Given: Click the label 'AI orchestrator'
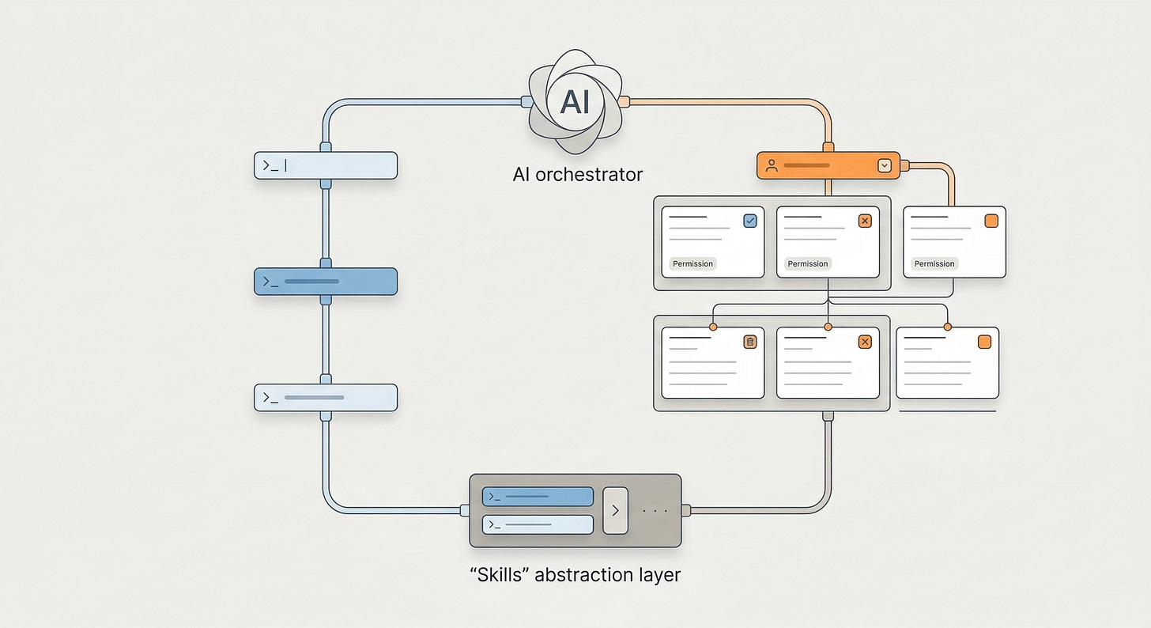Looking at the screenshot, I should coord(577,174).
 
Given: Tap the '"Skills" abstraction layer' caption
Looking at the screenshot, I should coord(575,574).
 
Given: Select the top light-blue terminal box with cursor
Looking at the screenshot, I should coord(325,165).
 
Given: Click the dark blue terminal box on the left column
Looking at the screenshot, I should coord(325,282).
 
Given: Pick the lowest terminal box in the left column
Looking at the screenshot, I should coord(325,398).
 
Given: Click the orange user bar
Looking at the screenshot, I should coord(828,165).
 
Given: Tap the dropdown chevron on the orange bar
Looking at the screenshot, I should coord(885,165).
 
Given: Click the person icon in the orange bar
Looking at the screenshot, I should coord(772,165).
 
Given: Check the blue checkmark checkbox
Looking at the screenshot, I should coord(750,221).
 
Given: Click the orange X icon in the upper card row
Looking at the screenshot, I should coord(865,221).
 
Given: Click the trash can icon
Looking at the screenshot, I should coord(750,342).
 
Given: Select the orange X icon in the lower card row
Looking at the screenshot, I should coord(865,342).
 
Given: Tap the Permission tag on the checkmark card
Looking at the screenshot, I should coord(692,263).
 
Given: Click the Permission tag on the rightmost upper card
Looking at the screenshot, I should coord(934,263).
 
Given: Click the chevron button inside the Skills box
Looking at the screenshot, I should coord(615,510).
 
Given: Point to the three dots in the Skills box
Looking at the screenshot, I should coord(655,511).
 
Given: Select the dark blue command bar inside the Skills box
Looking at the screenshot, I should coord(538,497).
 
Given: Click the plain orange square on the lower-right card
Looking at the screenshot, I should coord(984,342).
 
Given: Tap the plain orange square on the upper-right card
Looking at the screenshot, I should coord(991,221).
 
